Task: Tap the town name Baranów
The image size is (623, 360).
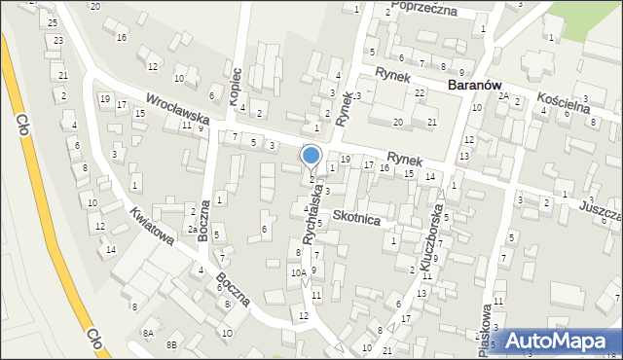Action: (481, 85)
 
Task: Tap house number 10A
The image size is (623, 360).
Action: (298, 273)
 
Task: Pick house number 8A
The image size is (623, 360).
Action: (148, 333)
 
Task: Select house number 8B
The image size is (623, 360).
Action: (172, 343)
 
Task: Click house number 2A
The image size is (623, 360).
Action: (503, 95)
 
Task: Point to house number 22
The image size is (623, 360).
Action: (419, 92)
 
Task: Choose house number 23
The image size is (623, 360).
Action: (58, 40)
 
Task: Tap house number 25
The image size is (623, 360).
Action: (53, 21)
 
